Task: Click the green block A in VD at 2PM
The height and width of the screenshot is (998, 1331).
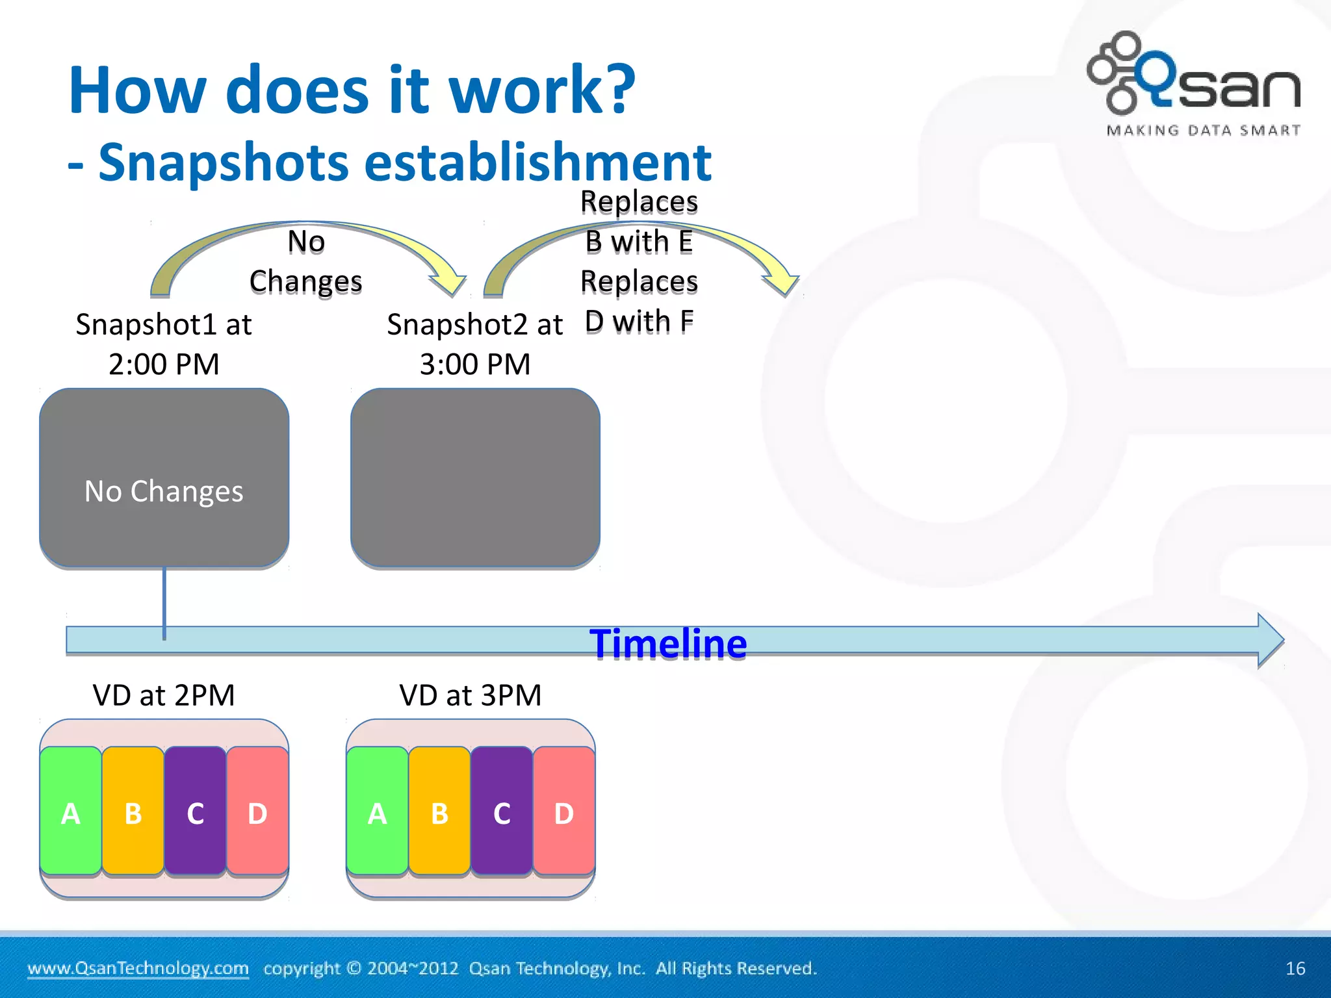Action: point(71,812)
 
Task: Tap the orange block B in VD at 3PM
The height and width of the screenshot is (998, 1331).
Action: point(439,812)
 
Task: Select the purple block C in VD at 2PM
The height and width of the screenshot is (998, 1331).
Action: point(195,812)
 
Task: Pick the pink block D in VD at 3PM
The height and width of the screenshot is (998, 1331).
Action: point(563,812)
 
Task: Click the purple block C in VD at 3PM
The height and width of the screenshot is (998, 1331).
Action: point(502,812)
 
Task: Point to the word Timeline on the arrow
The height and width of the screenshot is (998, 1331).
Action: point(668,644)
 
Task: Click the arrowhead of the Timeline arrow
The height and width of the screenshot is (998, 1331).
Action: point(1270,641)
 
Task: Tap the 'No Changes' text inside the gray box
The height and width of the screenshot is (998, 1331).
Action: point(164,491)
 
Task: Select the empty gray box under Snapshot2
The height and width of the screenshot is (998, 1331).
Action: point(475,478)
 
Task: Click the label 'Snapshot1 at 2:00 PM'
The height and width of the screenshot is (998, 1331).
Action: point(164,344)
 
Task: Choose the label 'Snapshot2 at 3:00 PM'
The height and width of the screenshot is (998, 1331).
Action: point(475,344)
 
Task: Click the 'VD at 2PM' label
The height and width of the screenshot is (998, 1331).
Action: point(164,695)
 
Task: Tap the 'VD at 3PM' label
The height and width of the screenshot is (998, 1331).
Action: point(471,695)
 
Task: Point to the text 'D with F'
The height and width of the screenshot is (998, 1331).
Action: point(640,322)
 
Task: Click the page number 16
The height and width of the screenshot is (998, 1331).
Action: point(1295,969)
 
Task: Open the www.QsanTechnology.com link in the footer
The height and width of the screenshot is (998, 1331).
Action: point(138,969)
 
